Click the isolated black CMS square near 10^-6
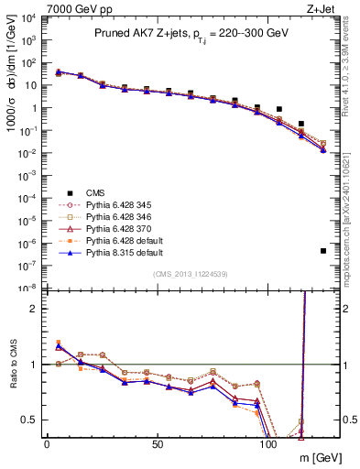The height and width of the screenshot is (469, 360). pos(323,251)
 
